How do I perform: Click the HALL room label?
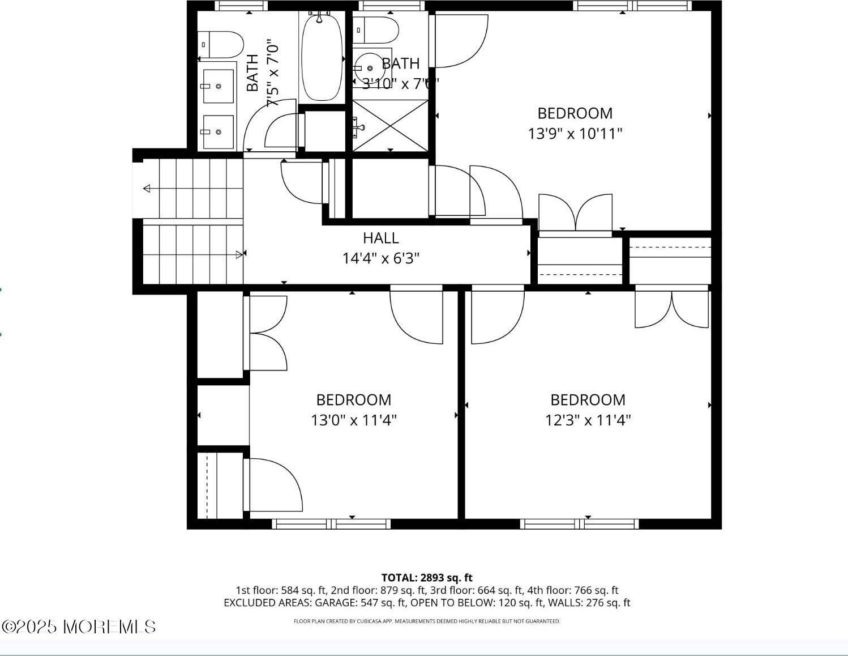(x=380, y=238)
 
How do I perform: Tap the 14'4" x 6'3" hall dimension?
(x=380, y=259)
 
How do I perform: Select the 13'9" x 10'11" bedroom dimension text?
(x=575, y=134)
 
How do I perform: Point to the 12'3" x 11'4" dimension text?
(x=588, y=420)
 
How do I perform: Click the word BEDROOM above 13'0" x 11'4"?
(x=353, y=400)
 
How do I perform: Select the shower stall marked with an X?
(x=390, y=125)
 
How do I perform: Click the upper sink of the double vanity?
(x=218, y=86)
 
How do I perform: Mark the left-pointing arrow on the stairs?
(x=147, y=189)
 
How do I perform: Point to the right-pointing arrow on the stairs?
(x=239, y=255)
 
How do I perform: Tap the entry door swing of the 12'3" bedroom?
(x=497, y=316)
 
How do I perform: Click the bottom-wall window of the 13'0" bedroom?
(x=332, y=524)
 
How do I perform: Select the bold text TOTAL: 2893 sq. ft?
(x=427, y=578)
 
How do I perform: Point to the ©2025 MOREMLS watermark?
(x=79, y=627)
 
